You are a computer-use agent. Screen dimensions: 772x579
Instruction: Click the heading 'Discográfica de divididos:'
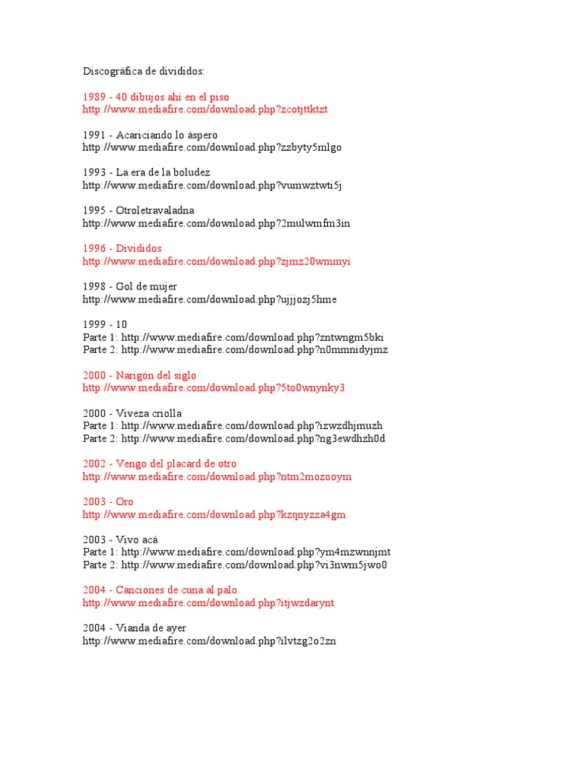pyautogui.click(x=143, y=72)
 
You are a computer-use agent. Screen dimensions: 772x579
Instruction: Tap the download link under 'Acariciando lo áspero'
pyautogui.click(x=212, y=148)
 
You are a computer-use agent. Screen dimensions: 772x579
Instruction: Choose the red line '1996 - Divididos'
pyautogui.click(x=122, y=249)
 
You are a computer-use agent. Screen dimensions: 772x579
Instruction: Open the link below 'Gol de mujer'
pyautogui.click(x=210, y=299)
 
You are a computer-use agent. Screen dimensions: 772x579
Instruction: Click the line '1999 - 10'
pyautogui.click(x=105, y=325)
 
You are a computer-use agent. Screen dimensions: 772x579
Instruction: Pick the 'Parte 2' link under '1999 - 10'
pyautogui.click(x=255, y=350)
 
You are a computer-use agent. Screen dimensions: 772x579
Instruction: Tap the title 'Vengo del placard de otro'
pyautogui.click(x=176, y=464)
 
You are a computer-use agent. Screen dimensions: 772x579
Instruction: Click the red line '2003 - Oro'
pyautogui.click(x=108, y=502)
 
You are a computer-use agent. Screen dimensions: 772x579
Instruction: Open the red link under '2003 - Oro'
pyautogui.click(x=214, y=515)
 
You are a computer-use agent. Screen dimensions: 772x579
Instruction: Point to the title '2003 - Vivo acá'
pyautogui.click(x=121, y=540)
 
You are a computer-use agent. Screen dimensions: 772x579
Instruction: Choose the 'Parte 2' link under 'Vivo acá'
pyautogui.click(x=254, y=565)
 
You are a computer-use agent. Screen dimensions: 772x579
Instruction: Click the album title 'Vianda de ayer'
pyautogui.click(x=152, y=628)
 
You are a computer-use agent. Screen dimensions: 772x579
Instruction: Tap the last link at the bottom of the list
pyautogui.click(x=210, y=641)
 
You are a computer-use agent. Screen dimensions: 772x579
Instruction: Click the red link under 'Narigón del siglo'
pyautogui.click(x=213, y=388)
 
